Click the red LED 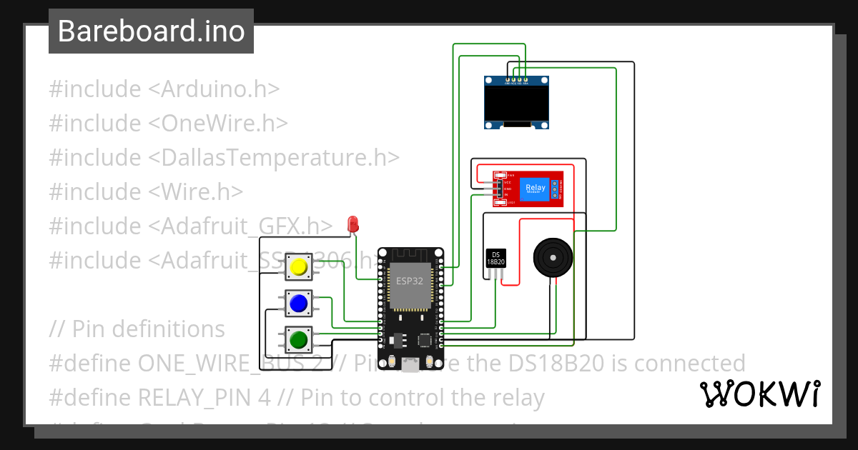(352, 224)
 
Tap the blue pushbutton (298, 304)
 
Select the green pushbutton (298, 339)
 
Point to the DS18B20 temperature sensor (496, 259)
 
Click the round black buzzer (554, 257)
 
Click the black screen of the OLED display (516, 102)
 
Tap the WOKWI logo (759, 394)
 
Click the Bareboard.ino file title (151, 31)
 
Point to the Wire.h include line (146, 192)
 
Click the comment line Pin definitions (137, 329)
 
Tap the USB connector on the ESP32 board (410, 365)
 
